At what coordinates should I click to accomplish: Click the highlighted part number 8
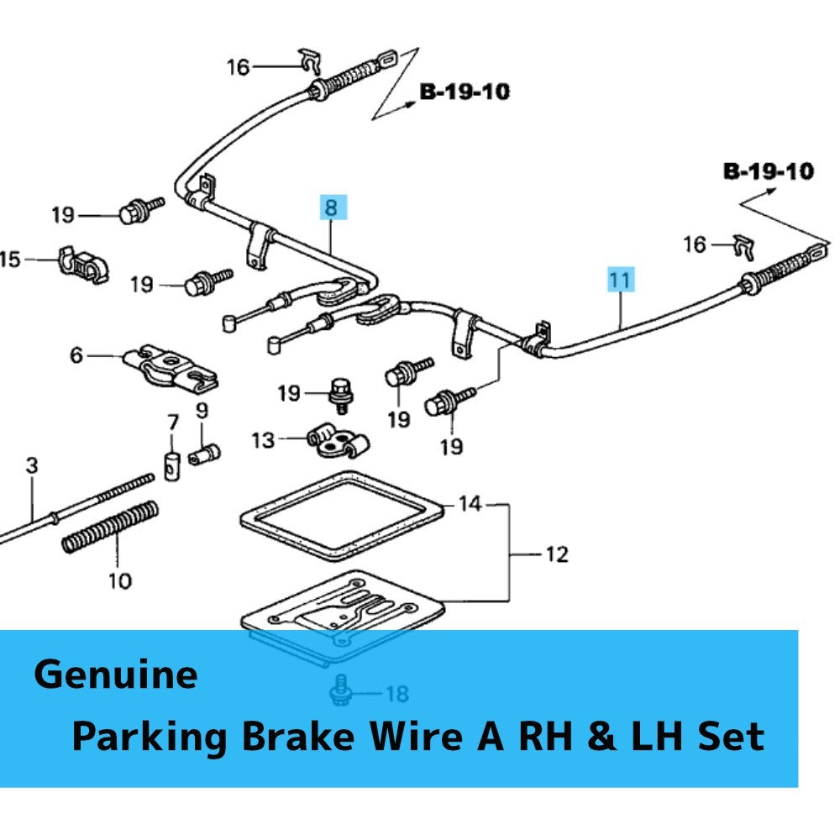332,207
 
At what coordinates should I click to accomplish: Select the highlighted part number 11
621,279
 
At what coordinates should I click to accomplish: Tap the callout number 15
9,260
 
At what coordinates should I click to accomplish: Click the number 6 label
76,354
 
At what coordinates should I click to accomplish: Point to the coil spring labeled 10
111,527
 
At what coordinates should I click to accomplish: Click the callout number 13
263,440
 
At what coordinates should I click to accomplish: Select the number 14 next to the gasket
470,503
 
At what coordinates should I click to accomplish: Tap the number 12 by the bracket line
557,554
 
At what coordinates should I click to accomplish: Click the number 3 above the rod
32,465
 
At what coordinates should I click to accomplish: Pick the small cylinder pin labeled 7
172,466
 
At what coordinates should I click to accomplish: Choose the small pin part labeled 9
205,454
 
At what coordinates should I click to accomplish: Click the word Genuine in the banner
116,675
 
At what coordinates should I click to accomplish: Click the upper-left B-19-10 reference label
465,92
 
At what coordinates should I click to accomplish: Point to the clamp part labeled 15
83,265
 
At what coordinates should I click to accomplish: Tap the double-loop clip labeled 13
338,442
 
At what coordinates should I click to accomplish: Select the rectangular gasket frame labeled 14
342,516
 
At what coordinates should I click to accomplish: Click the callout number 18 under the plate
397,694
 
